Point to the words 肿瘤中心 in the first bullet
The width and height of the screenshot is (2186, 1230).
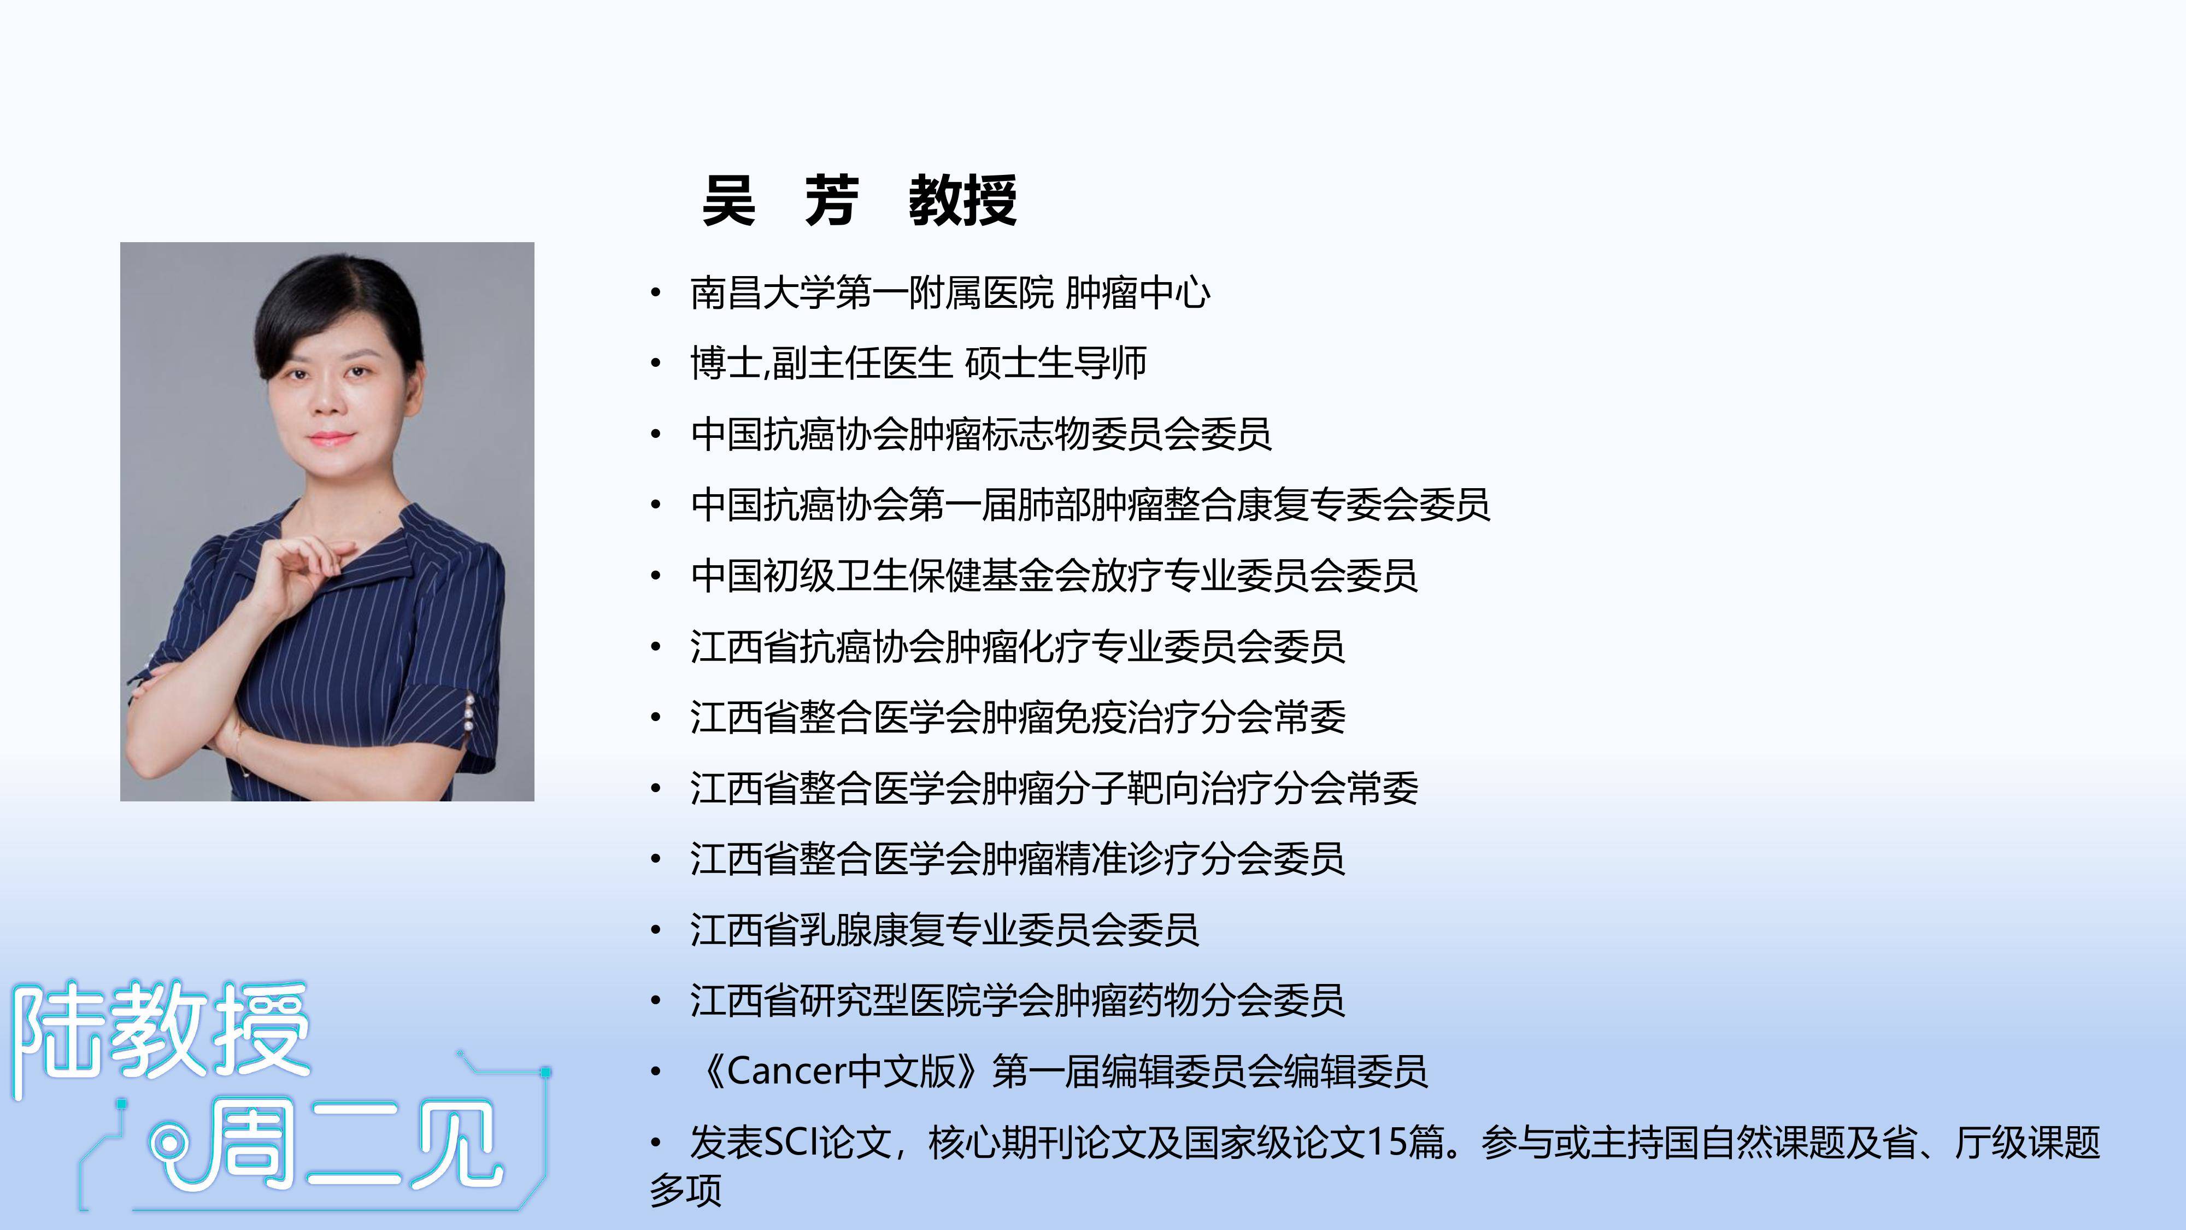1137,293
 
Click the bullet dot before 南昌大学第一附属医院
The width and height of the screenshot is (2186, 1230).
655,294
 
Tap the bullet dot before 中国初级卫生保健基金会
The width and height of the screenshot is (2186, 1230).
655,576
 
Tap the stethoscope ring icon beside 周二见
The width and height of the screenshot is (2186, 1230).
168,1146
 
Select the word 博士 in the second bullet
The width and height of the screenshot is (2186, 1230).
726,364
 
